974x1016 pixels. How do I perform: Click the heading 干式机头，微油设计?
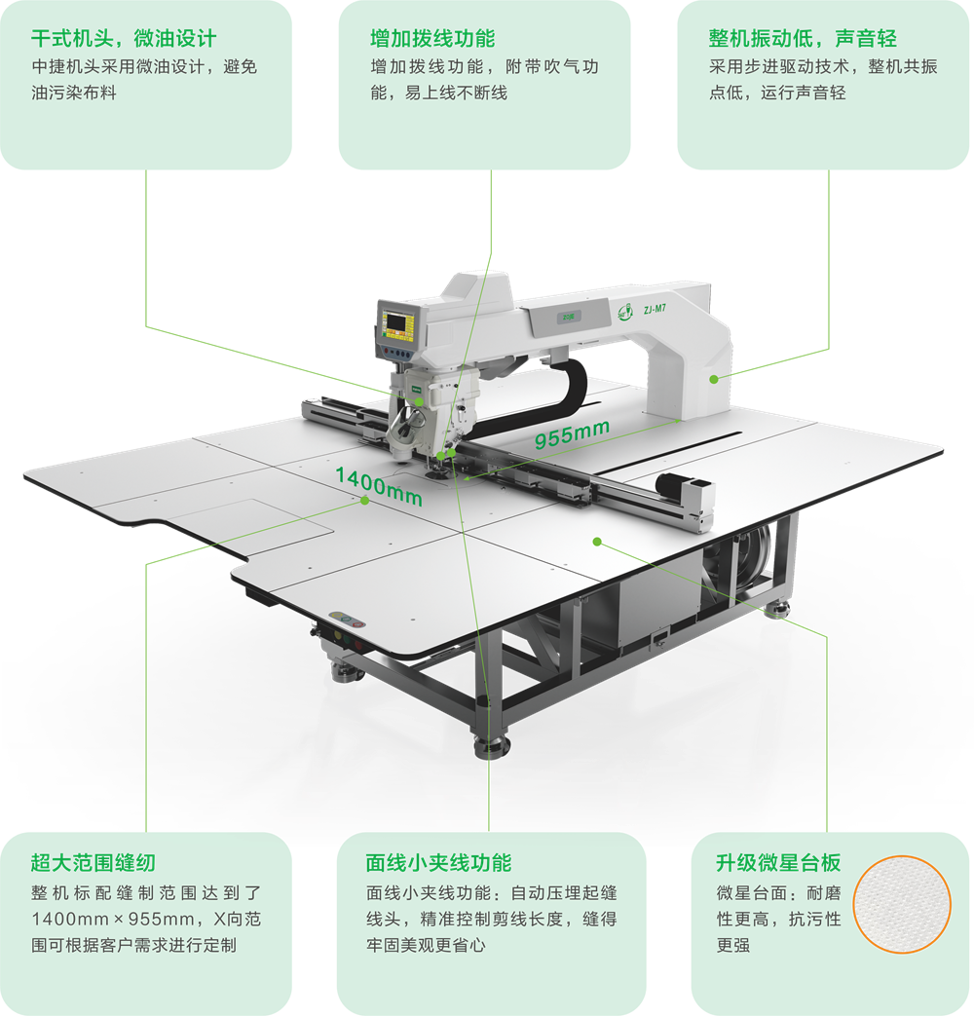point(124,38)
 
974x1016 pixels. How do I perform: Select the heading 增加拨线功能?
point(432,38)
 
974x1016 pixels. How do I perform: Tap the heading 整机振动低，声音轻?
point(803,38)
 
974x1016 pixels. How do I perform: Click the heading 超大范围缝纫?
point(94,862)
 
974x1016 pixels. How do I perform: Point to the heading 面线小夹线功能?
point(438,862)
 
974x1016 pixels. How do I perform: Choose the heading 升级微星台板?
point(778,862)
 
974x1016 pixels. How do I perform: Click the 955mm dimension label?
point(572,433)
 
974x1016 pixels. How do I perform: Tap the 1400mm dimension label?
point(379,487)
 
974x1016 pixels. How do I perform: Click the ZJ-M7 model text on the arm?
point(655,309)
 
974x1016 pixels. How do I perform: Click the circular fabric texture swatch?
point(901,904)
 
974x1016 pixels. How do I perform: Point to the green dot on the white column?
point(714,379)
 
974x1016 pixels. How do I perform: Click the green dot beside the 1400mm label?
point(365,501)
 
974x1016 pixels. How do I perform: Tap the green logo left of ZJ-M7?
point(625,312)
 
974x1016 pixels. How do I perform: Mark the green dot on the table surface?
point(597,542)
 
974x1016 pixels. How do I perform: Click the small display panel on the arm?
point(568,317)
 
